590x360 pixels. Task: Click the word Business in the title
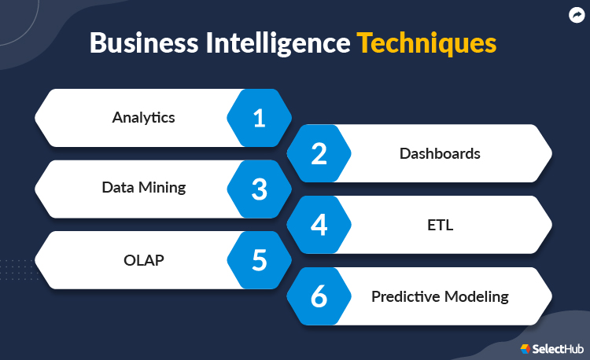pos(144,43)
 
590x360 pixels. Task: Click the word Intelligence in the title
pos(278,44)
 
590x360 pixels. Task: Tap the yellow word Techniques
pos(426,43)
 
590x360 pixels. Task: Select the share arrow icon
pos(577,16)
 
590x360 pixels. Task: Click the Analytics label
pos(143,118)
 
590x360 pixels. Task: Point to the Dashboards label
pos(440,154)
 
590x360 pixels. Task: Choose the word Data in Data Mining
pos(118,187)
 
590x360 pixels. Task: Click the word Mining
pos(162,188)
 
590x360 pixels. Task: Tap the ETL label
pos(441,225)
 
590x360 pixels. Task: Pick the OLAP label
pos(144,260)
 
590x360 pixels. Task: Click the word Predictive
pos(406,296)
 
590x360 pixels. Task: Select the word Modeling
pos(477,297)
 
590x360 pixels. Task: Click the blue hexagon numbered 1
pos(260,118)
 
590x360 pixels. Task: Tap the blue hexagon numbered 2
pos(319,153)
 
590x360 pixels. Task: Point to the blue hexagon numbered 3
pos(260,189)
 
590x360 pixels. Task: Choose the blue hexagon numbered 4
pos(319,225)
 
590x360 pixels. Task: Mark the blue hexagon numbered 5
pos(260,260)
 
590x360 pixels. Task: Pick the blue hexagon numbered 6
pos(319,296)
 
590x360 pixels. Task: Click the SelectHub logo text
pos(558,349)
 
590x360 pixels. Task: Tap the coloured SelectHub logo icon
pos(525,349)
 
